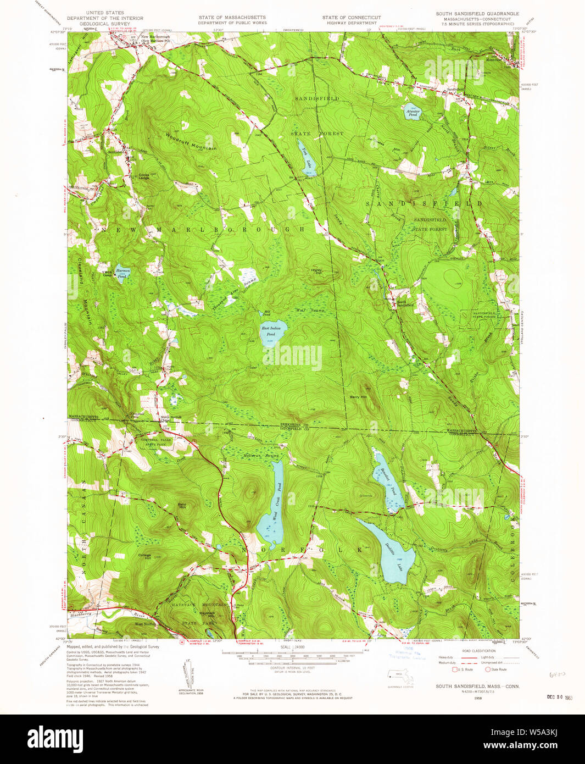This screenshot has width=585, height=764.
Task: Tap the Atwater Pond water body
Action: click(412, 113)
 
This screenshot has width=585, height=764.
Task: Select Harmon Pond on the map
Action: click(122, 272)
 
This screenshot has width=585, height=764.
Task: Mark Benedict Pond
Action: click(388, 481)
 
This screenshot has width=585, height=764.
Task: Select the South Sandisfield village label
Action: click(405, 302)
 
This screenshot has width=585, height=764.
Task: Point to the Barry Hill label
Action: click(358, 397)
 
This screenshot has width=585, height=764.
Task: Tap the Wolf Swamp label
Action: click(310, 311)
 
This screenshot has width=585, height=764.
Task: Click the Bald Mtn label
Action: click(182, 505)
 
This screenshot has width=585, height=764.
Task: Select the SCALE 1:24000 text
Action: click(292, 647)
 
